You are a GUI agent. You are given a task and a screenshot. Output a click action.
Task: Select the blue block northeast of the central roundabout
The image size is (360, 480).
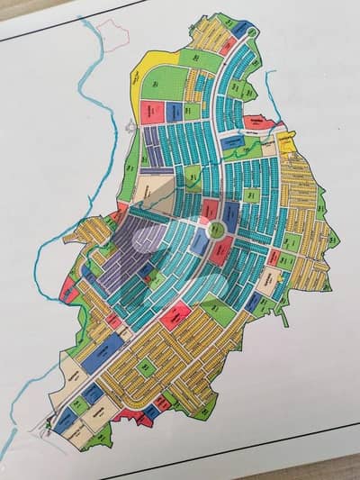coord(230,215)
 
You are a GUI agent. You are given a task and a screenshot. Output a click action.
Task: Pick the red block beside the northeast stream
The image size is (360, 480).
coord(255,122)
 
